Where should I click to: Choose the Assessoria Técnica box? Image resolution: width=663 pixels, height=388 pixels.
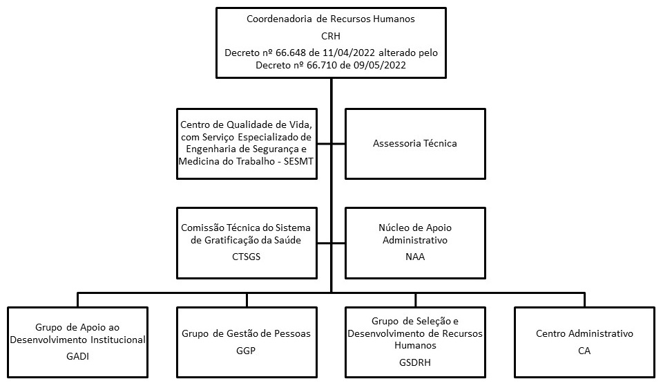(414, 144)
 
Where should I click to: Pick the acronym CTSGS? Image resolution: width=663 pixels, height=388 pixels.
(247, 257)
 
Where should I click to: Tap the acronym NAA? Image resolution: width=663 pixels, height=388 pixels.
(414, 257)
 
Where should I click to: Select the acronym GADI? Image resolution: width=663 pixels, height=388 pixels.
(78, 357)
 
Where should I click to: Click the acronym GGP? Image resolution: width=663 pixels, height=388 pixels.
(247, 351)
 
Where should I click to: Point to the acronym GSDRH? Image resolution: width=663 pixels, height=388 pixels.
(414, 362)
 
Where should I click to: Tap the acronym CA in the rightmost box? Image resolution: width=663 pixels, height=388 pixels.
(584, 351)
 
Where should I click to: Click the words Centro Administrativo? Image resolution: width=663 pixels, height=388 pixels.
(584, 334)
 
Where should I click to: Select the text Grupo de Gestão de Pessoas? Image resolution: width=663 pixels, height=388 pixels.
(247, 334)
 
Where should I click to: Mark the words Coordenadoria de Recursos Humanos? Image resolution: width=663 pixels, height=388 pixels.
(331, 19)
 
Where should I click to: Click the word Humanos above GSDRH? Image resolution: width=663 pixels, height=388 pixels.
(414, 344)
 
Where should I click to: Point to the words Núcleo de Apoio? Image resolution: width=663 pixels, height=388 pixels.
(414, 227)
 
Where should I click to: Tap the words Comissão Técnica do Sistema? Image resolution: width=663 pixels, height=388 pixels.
(247, 227)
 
